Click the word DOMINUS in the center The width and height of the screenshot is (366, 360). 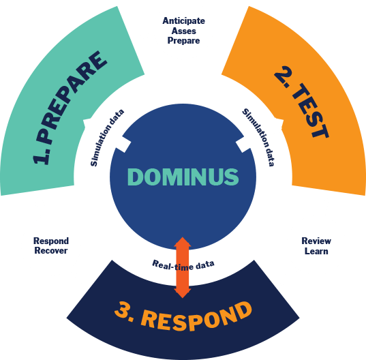tap(183, 177)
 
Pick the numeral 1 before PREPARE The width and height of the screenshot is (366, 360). tap(42, 156)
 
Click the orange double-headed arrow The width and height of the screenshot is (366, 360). tap(182, 267)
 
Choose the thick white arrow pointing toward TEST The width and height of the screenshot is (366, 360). tap(260, 134)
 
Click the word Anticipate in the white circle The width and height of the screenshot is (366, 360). tap(183, 20)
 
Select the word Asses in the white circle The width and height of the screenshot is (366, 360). tap(183, 31)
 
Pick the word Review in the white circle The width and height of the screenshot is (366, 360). tap(316, 241)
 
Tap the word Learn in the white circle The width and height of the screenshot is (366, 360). tap(316, 252)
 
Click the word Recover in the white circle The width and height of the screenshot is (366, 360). tap(50, 252)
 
